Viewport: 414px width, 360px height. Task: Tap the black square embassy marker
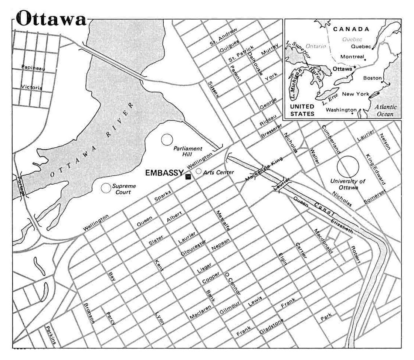coord(189,176)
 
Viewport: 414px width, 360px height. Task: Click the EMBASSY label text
coord(164,172)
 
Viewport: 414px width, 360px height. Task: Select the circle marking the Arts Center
coord(198,171)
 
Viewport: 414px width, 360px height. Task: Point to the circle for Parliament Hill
coord(167,140)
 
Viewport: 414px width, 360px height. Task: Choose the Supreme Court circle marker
coord(106,188)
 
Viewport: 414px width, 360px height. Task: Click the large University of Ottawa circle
coord(348,167)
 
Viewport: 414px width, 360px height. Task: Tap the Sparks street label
coord(163,198)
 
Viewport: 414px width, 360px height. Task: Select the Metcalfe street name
coord(224,221)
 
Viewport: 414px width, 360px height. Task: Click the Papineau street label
coord(33,67)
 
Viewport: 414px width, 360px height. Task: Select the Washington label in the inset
coord(341,110)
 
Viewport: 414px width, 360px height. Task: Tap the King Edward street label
coord(375,169)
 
